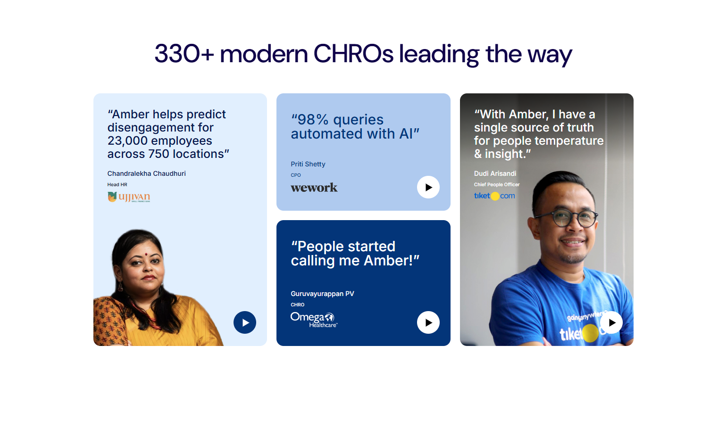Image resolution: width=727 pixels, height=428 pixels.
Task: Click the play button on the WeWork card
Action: (428, 187)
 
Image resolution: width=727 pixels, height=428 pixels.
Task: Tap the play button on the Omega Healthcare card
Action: (428, 322)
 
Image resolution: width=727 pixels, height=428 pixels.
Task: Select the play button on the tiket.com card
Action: (611, 322)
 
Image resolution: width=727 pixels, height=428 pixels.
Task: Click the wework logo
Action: (314, 188)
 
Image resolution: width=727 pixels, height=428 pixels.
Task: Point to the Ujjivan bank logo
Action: (129, 197)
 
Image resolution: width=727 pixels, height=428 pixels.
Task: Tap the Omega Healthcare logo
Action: (314, 320)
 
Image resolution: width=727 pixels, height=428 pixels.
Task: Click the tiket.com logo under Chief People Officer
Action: (494, 196)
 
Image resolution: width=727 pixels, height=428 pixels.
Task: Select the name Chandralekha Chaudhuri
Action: (146, 173)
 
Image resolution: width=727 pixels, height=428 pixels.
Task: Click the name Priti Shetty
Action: (308, 164)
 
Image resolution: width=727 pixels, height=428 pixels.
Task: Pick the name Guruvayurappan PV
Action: (322, 294)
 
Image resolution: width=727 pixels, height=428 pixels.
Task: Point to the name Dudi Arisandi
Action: (495, 173)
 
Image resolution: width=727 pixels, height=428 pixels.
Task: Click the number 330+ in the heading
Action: (184, 54)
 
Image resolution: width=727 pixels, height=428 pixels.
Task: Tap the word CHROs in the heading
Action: (353, 54)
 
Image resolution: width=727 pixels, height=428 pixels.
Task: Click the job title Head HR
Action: (117, 184)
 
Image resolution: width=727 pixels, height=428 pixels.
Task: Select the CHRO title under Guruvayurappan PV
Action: (297, 305)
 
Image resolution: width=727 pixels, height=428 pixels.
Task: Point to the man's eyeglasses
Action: (566, 218)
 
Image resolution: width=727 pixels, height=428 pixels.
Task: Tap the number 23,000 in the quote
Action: (127, 141)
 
